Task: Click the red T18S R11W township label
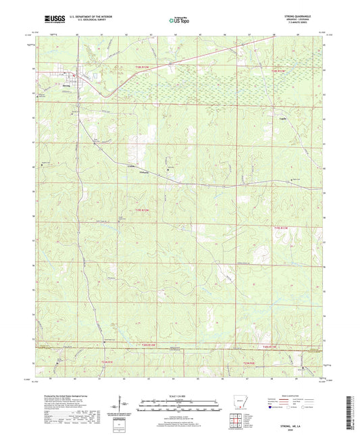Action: point(279,70)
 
